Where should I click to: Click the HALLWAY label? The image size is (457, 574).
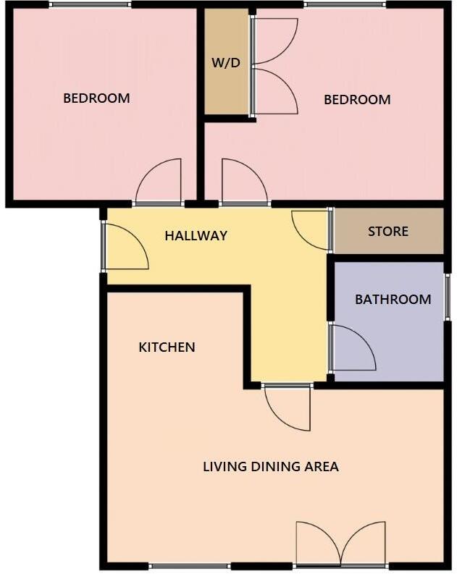(196, 235)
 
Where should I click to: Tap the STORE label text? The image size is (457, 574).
(388, 232)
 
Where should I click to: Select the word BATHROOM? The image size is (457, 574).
(393, 299)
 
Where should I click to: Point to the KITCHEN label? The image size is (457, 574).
(167, 347)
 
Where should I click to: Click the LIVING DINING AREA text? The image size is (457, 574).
(271, 467)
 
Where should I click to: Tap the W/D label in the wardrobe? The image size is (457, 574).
(225, 63)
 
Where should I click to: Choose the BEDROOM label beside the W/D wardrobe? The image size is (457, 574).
(357, 100)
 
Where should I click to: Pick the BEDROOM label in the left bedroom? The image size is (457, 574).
(96, 98)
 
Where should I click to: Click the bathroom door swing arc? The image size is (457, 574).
(352, 348)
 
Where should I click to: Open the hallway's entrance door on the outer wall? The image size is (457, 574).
(125, 247)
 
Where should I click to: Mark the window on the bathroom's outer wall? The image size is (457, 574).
(447, 296)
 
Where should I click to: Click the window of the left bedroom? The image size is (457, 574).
(91, 6)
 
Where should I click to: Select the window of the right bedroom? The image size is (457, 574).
(344, 6)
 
